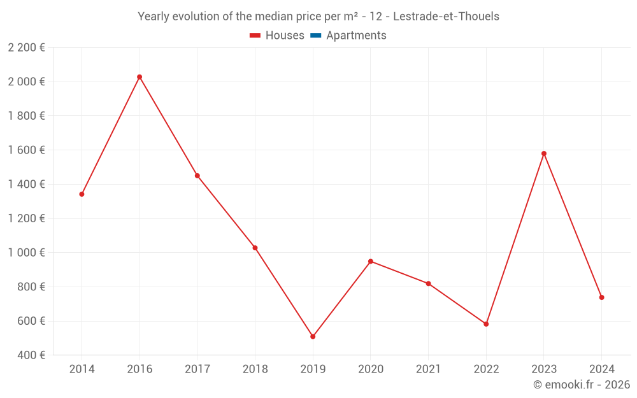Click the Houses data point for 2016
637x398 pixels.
pyautogui.click(x=140, y=77)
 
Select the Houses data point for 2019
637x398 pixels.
pyautogui.click(x=313, y=336)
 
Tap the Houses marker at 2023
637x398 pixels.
pyautogui.click(x=544, y=153)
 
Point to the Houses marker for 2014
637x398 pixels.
pyautogui.click(x=82, y=194)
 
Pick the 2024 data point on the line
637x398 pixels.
pyautogui.click(x=601, y=297)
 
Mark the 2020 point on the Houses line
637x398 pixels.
pyautogui.click(x=371, y=261)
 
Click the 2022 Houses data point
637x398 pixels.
pyautogui.click(x=486, y=324)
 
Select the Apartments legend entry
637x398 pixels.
pyautogui.click(x=356, y=36)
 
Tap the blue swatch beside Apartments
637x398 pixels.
pyautogui.click(x=315, y=36)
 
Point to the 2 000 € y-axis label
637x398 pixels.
pyautogui.click(x=26, y=82)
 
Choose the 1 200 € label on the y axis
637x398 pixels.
pyautogui.click(x=26, y=218)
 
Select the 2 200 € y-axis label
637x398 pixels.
pyautogui.click(x=26, y=47)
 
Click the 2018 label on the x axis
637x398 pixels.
pyautogui.click(x=255, y=369)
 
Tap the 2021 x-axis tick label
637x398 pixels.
pyautogui.click(x=428, y=369)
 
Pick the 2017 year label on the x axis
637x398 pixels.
pyautogui.click(x=197, y=369)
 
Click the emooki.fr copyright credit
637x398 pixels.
pyautogui.click(x=582, y=385)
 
